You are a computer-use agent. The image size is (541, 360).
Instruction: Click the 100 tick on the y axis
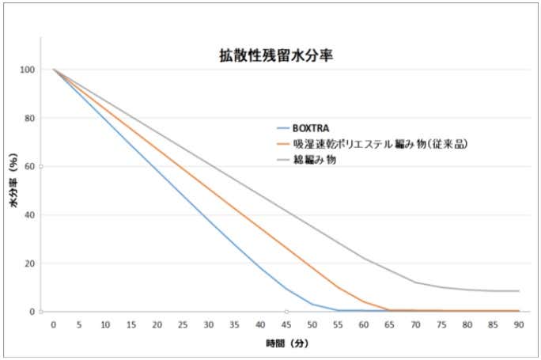point(28,70)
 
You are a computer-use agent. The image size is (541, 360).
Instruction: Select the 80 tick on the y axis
point(30,118)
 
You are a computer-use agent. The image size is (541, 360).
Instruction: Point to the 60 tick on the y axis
point(30,166)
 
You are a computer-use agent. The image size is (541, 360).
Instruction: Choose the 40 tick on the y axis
point(30,214)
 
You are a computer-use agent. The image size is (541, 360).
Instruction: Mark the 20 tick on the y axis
point(30,263)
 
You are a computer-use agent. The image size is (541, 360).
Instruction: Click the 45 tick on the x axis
point(286,324)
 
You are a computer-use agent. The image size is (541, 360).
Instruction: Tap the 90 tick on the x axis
point(519,324)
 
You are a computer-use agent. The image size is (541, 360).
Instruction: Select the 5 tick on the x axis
point(79,324)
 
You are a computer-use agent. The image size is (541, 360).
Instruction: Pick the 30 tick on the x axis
point(209,324)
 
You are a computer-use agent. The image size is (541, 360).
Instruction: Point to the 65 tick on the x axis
point(390,324)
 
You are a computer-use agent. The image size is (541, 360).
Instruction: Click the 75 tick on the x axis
point(441,324)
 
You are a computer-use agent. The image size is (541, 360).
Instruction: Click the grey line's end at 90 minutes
point(519,291)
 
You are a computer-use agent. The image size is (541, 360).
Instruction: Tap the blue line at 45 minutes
point(286,290)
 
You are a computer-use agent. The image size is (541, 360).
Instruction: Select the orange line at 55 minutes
point(338,286)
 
